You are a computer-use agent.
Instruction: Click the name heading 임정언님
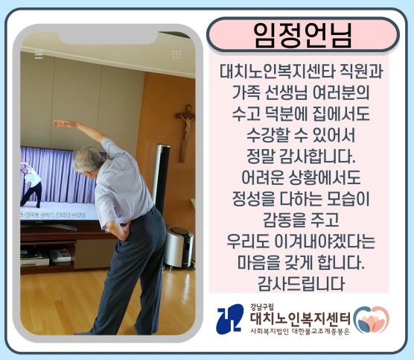tap(302, 35)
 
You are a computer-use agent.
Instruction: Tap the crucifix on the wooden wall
tap(185, 133)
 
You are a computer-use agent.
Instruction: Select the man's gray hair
tap(87, 159)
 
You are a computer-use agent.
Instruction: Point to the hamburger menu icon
tap(39, 54)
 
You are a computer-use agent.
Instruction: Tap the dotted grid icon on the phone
tap(177, 54)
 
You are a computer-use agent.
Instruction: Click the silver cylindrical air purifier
tap(178, 247)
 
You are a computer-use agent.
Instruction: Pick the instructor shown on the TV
tap(31, 183)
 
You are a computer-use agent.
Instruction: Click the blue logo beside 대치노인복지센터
tap(229, 319)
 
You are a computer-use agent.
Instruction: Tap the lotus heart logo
tap(372, 320)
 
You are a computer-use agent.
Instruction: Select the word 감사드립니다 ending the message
tap(302, 283)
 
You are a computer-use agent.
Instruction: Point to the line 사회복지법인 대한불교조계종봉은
tap(300, 332)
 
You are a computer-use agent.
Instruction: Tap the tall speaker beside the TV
tap(161, 180)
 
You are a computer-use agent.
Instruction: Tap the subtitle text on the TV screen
tap(54, 215)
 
